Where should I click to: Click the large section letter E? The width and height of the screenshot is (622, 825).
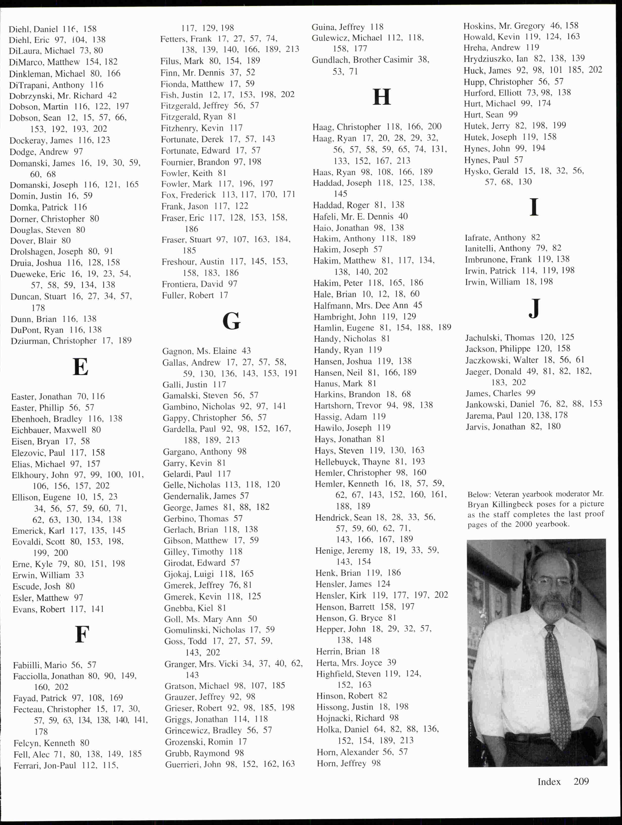click(81, 367)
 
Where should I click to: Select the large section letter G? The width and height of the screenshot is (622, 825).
click(231, 321)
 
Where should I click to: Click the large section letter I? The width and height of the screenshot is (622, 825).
click(534, 207)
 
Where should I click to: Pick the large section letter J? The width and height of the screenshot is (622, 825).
click(534, 309)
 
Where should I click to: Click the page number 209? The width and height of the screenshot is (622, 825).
click(581, 781)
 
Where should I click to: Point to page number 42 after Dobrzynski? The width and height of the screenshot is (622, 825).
click(112, 96)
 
